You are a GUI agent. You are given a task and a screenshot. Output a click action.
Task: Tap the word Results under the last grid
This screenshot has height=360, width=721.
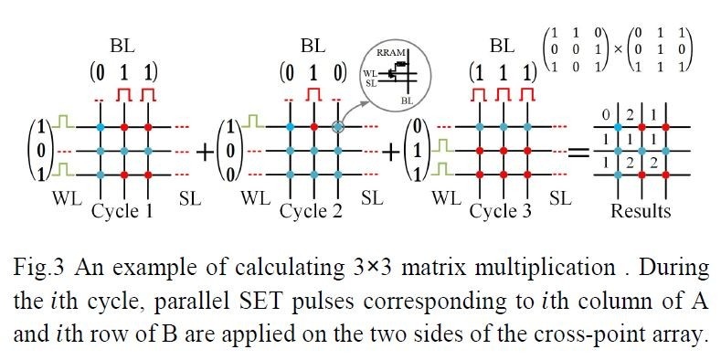tap(641, 212)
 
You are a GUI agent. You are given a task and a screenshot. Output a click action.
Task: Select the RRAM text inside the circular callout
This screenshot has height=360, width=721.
tap(390, 54)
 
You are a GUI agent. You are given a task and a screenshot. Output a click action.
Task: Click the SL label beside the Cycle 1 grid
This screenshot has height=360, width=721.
tap(179, 197)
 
